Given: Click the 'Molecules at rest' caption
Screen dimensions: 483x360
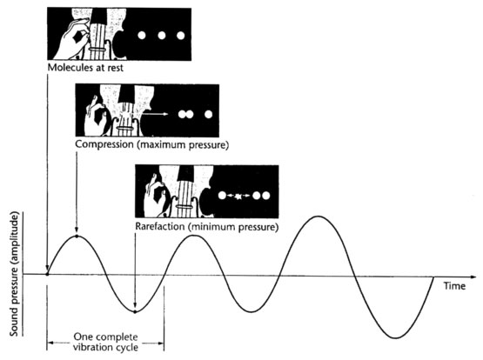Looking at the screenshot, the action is tap(85, 67).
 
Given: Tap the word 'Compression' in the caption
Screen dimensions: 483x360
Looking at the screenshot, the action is tap(104, 144).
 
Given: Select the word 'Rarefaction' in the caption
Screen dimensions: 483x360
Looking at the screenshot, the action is tap(160, 226).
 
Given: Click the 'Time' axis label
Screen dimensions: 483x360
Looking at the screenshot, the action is tap(454, 286).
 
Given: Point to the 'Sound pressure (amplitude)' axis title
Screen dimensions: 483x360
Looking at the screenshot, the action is tap(15, 274).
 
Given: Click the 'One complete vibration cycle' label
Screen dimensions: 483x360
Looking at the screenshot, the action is tap(105, 342).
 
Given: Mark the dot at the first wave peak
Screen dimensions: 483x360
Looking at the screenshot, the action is tap(77, 237).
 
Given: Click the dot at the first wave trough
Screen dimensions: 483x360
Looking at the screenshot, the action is tap(135, 312).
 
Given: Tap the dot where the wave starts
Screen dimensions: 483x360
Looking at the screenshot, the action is tap(47, 274).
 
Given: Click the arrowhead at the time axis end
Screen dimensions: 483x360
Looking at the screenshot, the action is tap(473, 277).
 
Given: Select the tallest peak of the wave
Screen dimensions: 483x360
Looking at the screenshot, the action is tap(319, 217).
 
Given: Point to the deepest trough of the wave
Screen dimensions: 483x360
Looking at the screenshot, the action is tap(395, 338).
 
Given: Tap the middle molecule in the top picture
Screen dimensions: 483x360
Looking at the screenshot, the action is tap(162, 36).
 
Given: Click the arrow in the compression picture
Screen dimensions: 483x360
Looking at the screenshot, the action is tap(156, 114).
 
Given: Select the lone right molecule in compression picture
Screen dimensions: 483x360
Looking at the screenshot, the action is tap(209, 115).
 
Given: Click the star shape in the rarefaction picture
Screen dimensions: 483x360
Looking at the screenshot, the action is tap(238, 196).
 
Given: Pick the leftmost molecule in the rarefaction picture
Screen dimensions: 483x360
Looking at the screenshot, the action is tap(223, 196).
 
